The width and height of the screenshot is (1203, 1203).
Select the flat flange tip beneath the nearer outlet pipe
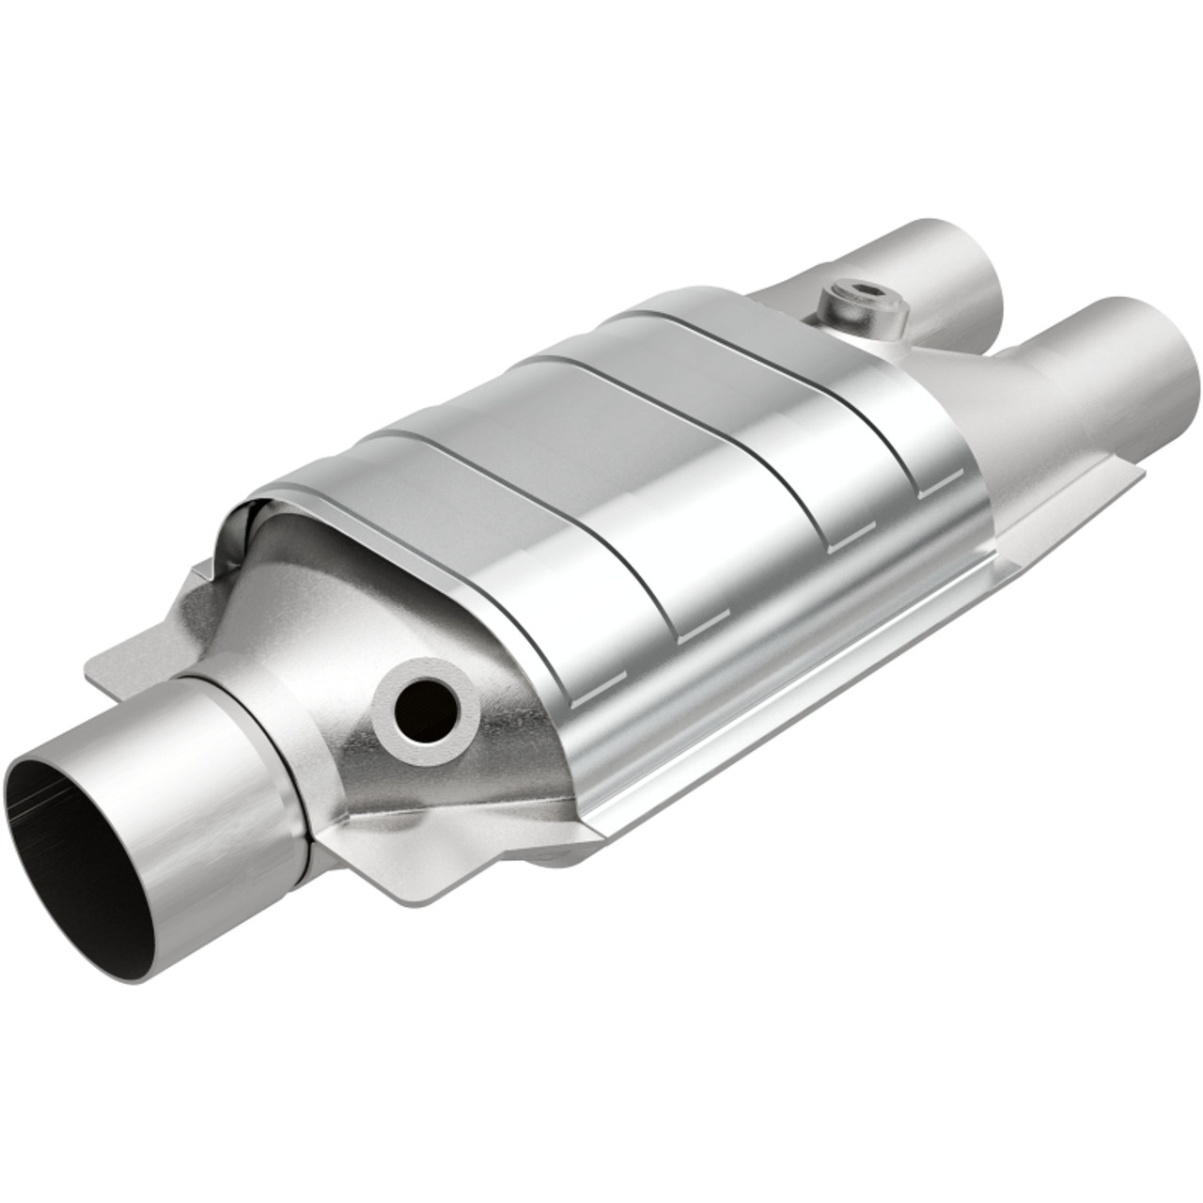[x=1118, y=489]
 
